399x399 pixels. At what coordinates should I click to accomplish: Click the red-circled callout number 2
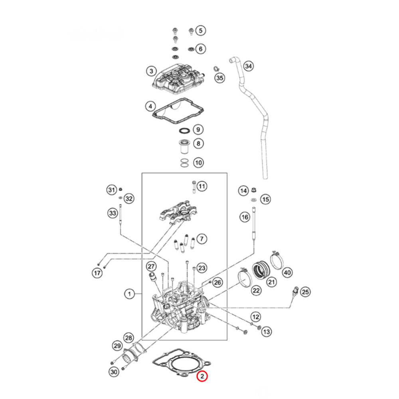click(x=202, y=376)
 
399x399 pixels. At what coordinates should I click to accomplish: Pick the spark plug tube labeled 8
click(x=184, y=147)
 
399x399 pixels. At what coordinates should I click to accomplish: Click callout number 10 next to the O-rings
click(x=198, y=162)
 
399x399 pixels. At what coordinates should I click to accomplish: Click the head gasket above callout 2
click(x=182, y=363)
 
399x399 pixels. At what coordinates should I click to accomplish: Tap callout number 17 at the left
click(x=97, y=273)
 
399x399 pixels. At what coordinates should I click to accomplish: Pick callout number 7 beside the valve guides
click(x=202, y=239)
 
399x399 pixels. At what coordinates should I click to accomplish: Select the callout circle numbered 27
click(x=150, y=266)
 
